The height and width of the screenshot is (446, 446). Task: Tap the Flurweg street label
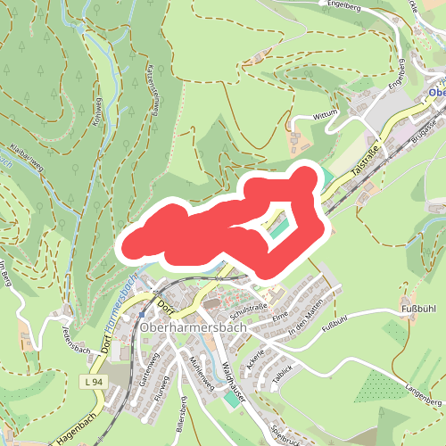point(161,390)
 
